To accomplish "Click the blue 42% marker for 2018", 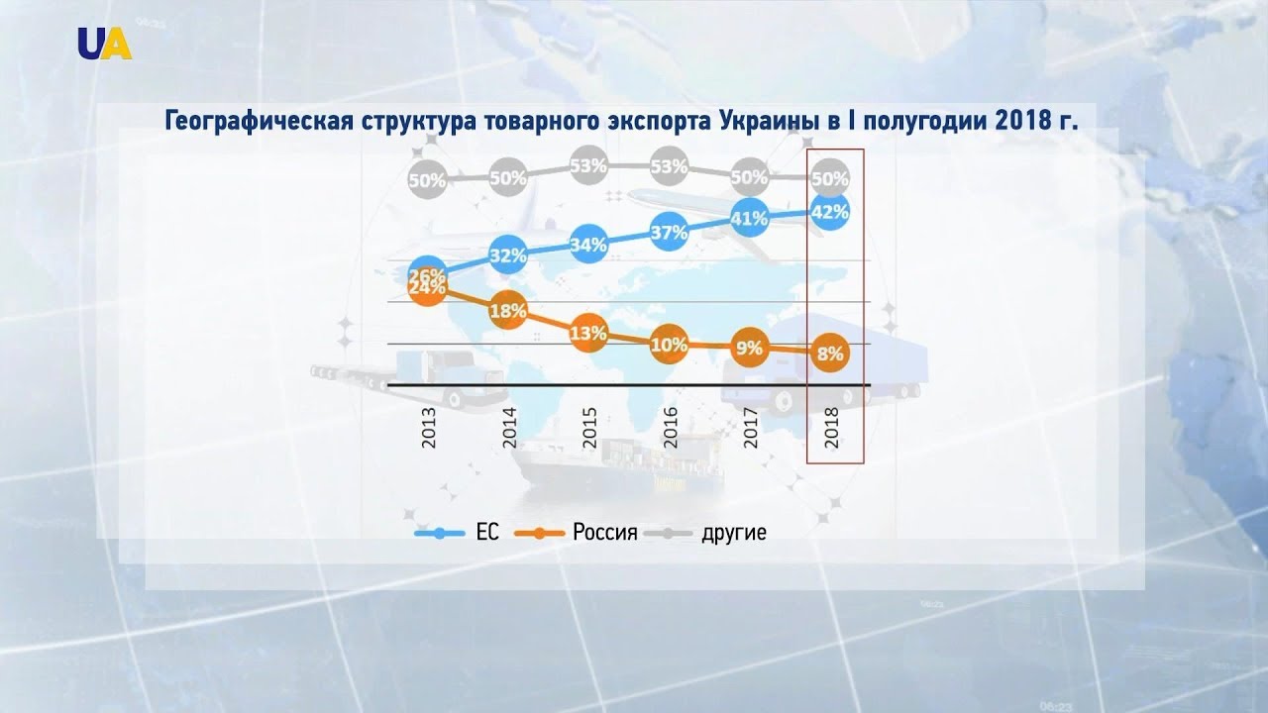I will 829,211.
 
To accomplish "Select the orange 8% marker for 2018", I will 829,354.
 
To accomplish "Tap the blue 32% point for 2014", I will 507,256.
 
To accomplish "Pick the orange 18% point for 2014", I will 507,311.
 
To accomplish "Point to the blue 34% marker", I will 588,245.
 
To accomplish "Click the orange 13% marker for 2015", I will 588,334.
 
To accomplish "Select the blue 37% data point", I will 670,234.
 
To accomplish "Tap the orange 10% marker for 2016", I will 670,346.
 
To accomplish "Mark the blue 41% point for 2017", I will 749,218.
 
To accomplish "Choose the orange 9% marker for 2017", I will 749,348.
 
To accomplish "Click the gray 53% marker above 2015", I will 588,165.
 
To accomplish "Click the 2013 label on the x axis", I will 429,427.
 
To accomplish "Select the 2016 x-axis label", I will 671,427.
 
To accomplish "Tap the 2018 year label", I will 831,427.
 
